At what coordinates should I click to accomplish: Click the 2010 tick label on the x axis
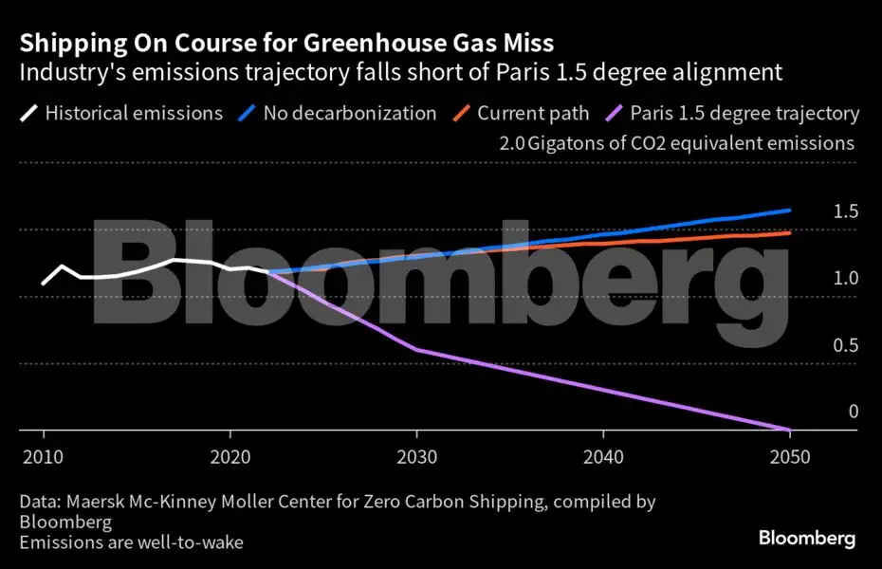click(44, 456)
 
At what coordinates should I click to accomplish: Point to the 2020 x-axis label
click(230, 456)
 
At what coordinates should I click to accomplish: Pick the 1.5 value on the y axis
click(845, 211)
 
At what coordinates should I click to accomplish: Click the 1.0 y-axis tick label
click(845, 279)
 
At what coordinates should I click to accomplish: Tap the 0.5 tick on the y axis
click(845, 345)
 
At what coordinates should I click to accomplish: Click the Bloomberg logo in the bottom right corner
click(806, 539)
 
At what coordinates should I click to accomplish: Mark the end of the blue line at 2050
click(790, 211)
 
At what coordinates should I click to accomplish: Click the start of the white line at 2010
click(44, 283)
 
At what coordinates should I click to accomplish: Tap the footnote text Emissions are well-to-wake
click(130, 542)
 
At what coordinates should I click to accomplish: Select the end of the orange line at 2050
click(790, 232)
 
